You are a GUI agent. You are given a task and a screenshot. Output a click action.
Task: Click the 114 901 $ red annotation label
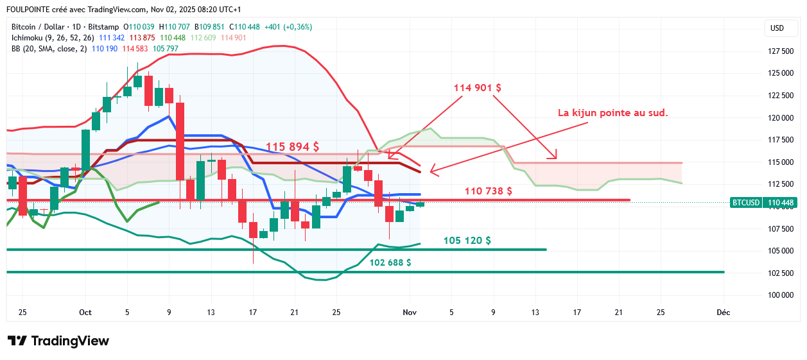click(478, 87)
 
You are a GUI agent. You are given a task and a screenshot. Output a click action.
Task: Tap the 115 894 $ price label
click(292, 147)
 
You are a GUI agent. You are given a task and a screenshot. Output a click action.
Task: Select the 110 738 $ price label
click(488, 191)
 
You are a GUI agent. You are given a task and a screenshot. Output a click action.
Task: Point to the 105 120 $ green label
click(467, 241)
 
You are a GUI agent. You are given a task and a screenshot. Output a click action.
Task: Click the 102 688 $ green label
click(390, 262)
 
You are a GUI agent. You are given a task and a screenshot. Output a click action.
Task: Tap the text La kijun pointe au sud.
click(613, 113)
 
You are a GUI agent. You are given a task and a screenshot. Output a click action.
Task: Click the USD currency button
click(777, 28)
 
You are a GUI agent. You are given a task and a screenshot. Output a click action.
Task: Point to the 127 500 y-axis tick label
click(780, 51)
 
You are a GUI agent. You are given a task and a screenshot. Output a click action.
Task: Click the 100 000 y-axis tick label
click(780, 295)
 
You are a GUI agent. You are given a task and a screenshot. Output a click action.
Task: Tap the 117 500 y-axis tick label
click(780, 140)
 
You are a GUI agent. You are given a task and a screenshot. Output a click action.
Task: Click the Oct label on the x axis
click(85, 313)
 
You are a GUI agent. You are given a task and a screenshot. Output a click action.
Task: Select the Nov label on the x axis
click(409, 313)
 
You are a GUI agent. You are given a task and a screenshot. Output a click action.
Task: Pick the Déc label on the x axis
click(724, 313)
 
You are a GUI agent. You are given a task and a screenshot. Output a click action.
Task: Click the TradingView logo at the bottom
click(58, 341)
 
